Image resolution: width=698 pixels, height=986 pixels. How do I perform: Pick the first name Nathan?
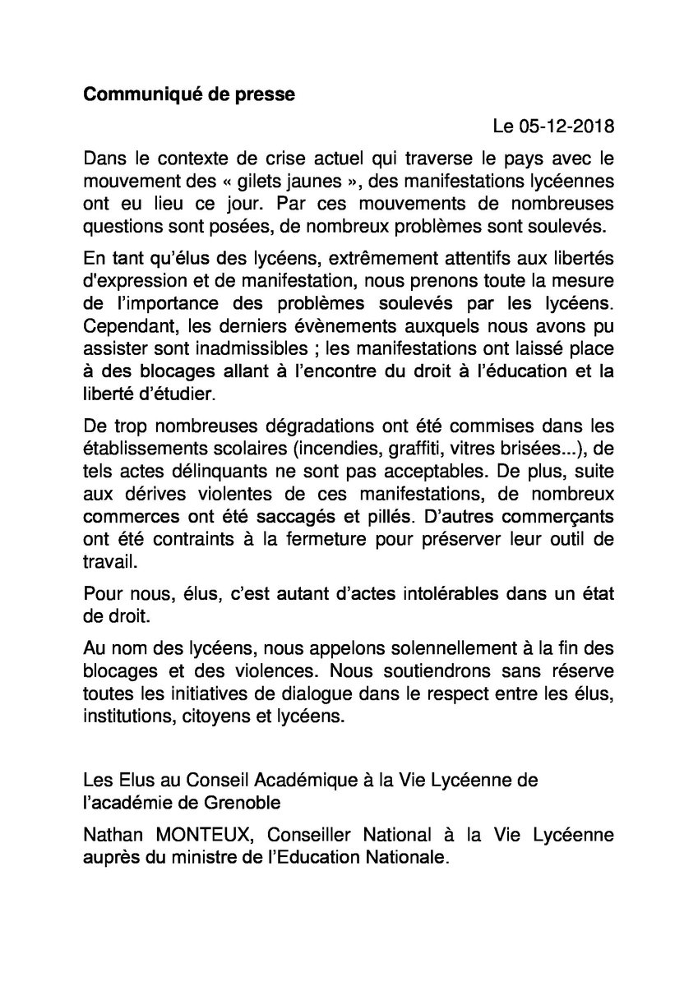click(113, 834)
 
